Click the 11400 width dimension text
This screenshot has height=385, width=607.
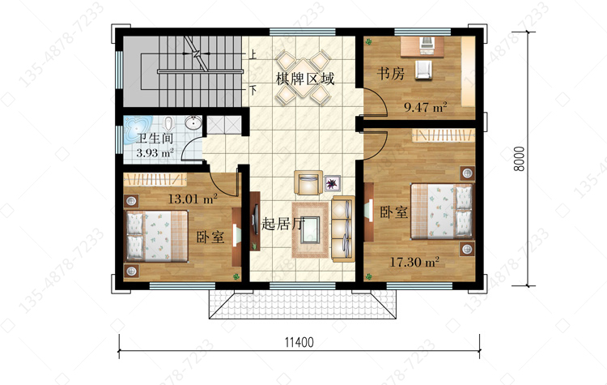pos(299,342)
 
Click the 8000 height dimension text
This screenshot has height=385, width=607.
pos(520,159)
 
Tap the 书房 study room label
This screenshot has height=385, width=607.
pos(391,73)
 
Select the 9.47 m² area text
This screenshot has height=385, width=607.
pos(426,107)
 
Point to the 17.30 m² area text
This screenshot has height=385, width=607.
pos(414,262)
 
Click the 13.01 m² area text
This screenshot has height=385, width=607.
pos(193,199)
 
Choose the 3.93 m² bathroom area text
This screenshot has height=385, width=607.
pos(155,152)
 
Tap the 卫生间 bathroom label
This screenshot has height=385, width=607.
pos(155,138)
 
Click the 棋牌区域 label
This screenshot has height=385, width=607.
pos(305,79)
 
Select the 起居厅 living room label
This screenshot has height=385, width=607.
pos(283,224)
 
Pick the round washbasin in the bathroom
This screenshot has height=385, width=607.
pos(193,123)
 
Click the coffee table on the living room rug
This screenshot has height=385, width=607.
pos(311,229)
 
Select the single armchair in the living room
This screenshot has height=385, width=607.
pos(308,182)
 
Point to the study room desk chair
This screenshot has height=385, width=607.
pos(423,70)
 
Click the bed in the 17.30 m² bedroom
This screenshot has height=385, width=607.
pos(442,211)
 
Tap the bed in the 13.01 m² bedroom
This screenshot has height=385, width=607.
pos(157,237)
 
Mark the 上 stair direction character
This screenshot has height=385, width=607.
pos(253,54)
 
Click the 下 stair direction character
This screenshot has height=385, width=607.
pos(253,90)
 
